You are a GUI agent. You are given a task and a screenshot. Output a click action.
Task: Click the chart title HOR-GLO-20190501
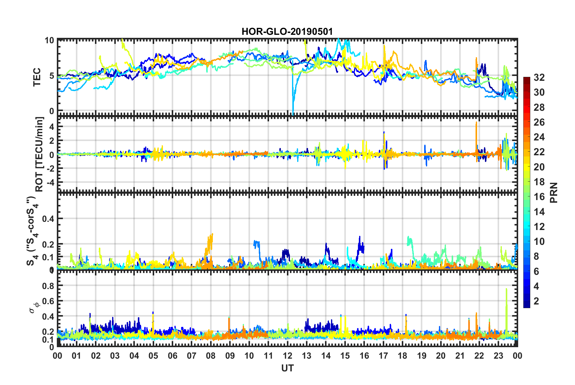point(287,32)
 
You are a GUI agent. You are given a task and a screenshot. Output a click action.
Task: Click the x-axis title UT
point(287,368)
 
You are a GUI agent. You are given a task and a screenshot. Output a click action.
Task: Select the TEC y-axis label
point(37,77)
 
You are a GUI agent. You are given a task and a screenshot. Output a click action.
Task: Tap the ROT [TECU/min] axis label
point(39,154)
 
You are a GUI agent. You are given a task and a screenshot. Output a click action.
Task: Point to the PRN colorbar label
point(554,192)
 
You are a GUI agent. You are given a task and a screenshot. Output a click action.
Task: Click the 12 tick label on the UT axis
point(287,356)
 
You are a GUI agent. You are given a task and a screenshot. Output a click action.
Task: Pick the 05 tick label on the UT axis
point(153,356)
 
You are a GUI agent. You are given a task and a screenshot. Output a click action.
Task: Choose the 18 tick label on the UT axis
point(402,356)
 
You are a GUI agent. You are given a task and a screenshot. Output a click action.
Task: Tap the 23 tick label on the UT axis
point(498,356)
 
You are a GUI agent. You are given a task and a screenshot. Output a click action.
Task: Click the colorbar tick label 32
point(539,77)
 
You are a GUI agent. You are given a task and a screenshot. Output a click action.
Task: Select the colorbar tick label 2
point(537,301)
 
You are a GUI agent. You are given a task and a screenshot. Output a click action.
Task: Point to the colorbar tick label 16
point(539,197)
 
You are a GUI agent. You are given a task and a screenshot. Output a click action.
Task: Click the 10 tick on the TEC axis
point(49,41)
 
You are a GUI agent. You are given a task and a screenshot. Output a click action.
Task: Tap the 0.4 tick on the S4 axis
point(48,219)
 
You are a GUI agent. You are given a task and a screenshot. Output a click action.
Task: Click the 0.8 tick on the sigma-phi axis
point(48,286)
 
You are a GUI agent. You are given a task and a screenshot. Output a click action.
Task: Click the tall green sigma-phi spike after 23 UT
point(506,291)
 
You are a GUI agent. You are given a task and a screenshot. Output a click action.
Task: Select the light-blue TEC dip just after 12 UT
point(293,103)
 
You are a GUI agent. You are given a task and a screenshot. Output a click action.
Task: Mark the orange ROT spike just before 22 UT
point(476,124)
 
